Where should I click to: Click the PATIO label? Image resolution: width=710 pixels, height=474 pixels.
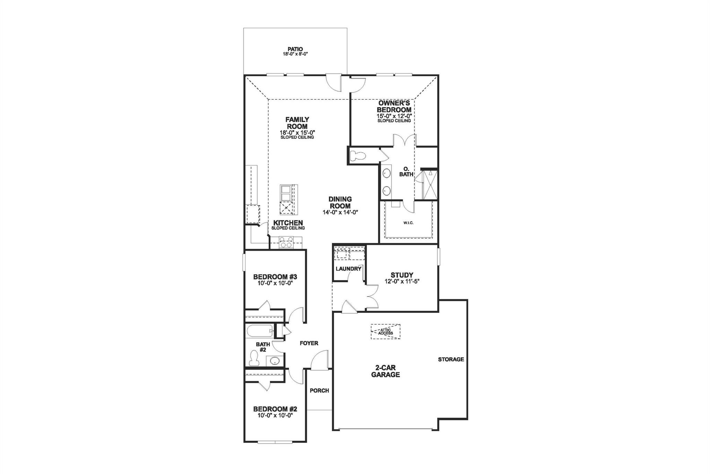coord(295,49)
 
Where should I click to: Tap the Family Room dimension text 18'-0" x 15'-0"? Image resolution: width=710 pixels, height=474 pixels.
coord(297,132)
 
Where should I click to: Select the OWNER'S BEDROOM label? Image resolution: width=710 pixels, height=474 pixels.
coord(394,106)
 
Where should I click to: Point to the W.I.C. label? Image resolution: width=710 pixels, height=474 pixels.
coord(408,223)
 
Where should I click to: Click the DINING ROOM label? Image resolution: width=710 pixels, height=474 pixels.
coord(340,202)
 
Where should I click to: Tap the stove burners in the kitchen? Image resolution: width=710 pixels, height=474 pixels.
coord(286,242)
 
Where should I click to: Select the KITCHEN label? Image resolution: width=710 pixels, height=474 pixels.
coord(288,223)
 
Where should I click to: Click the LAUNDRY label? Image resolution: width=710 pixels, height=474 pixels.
coord(348,269)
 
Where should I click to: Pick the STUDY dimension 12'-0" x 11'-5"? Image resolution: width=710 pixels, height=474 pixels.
coord(402,281)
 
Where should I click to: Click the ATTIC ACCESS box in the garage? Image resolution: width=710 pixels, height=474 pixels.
coord(386,332)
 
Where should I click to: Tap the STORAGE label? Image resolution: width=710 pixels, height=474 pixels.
coord(451,359)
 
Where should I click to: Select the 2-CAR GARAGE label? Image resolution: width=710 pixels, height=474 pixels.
coord(386,371)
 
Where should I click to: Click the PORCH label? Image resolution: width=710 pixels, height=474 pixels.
coord(319,390)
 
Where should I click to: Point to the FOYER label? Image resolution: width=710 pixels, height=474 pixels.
coord(309,343)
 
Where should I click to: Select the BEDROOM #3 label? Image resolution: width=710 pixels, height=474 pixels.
coord(275,277)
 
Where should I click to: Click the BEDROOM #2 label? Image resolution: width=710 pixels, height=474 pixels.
coord(275,409)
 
